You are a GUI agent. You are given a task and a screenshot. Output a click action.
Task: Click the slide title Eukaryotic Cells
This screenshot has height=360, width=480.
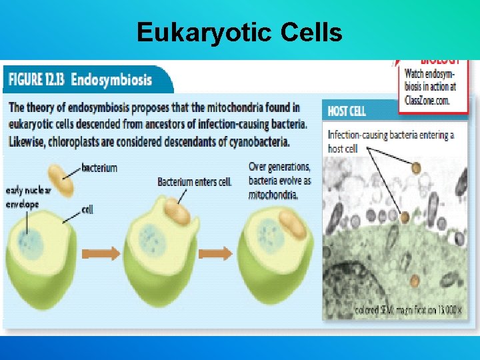point(239,31)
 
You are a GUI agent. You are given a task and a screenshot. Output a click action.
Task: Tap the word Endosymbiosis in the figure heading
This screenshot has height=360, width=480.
point(111,80)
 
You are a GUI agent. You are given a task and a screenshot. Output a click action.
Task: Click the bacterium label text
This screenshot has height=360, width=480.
point(99,168)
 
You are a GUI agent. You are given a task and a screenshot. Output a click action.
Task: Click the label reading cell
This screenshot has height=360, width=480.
point(87,209)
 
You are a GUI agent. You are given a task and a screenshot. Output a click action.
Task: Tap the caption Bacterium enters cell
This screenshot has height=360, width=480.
point(194,181)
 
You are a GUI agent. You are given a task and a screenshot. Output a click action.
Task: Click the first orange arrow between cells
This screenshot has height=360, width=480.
point(100,253)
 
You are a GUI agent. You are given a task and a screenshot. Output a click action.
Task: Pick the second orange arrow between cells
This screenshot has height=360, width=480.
point(217,253)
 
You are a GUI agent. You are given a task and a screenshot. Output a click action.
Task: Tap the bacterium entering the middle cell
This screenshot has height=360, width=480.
point(177,211)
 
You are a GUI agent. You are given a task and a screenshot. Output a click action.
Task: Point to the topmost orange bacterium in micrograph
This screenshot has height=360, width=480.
point(416,168)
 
